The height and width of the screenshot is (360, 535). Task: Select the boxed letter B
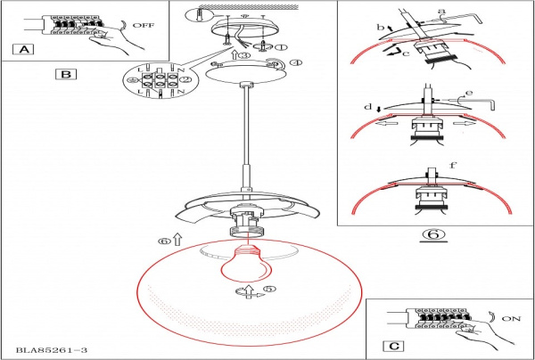pyautogui.click(x=65, y=74)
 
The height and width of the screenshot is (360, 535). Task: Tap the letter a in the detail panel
pyautogui.click(x=440, y=11)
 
